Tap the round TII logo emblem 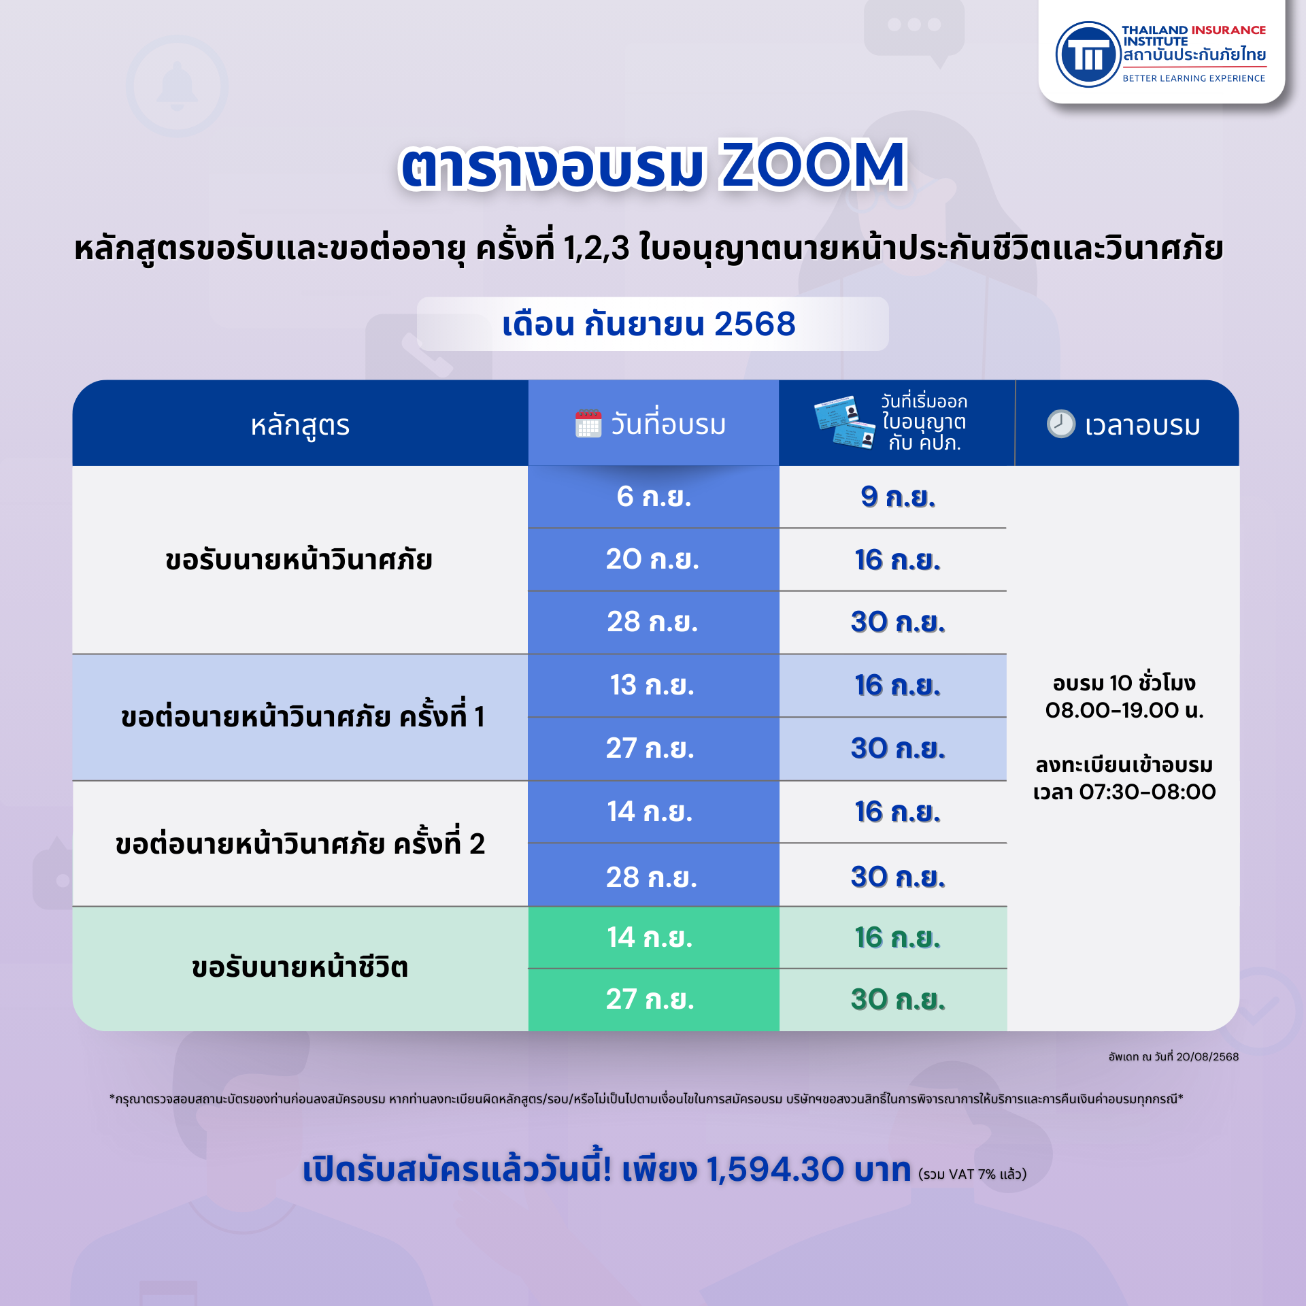[x=1088, y=54]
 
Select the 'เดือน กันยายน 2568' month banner [x=652, y=324]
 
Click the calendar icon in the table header [x=588, y=424]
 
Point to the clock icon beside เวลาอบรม [x=1060, y=424]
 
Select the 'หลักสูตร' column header [x=300, y=425]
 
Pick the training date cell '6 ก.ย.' [x=654, y=497]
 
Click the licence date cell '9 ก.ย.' [x=898, y=497]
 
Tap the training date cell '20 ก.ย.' [x=652, y=559]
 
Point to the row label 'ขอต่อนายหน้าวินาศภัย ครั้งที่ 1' [x=303, y=716]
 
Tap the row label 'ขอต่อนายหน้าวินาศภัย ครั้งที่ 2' [x=300, y=843]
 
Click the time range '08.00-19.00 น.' [x=1124, y=710]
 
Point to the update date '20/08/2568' [x=1207, y=1056]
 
